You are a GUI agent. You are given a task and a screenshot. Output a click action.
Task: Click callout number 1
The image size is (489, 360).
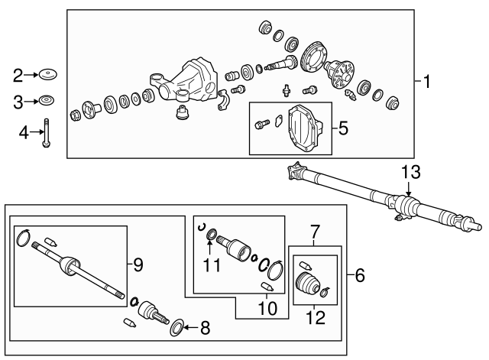tap(427, 81)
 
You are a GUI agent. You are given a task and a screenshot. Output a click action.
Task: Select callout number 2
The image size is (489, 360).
tap(18, 75)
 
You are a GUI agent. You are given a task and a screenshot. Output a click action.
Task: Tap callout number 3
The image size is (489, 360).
tap(18, 100)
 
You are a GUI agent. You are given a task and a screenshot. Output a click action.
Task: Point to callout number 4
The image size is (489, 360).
tap(23, 133)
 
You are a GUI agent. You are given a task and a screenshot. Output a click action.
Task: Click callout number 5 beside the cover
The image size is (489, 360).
tap(343, 128)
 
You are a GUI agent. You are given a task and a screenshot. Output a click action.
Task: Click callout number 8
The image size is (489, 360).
tap(204, 329)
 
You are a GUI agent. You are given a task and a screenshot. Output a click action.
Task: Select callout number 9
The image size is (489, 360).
tap(138, 265)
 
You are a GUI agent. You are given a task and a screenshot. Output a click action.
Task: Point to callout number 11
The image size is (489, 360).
tap(209, 265)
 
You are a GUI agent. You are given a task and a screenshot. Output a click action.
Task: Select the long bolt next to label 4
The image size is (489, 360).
tap(46, 132)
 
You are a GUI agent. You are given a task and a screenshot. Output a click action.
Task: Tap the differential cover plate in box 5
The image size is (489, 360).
tap(306, 131)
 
